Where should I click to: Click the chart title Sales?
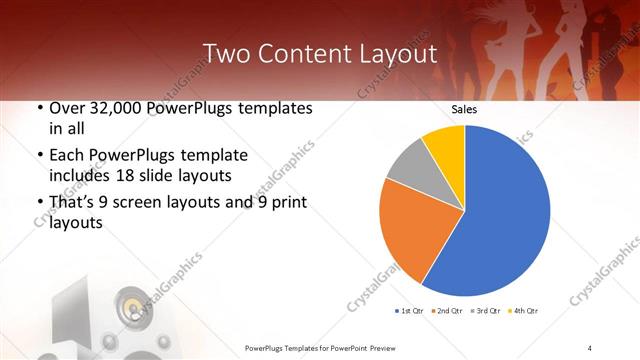(464, 109)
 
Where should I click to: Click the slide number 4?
(590, 347)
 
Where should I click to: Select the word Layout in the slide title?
(394, 54)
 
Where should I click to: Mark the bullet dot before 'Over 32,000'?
(38, 109)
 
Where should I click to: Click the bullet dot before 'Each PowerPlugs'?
(38, 156)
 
